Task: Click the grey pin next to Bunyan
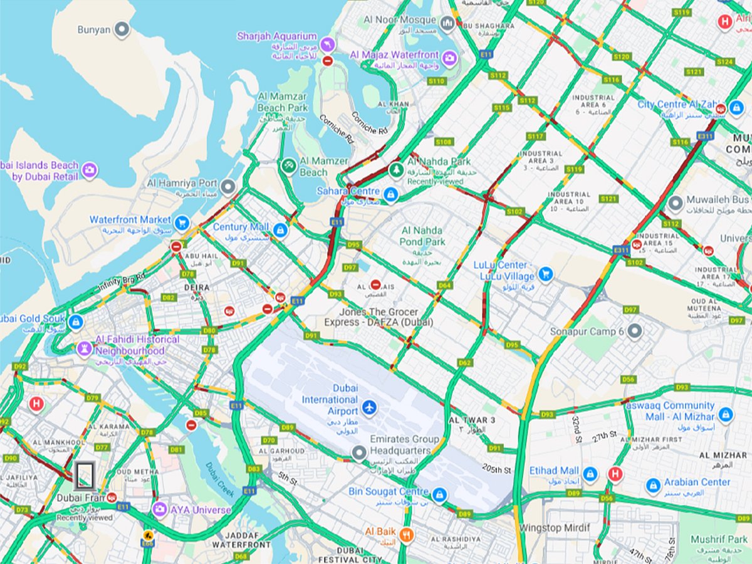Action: [122, 29]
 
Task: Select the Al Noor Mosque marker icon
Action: [447, 24]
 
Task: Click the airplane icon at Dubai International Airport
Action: [370, 409]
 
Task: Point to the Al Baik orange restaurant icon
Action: [407, 535]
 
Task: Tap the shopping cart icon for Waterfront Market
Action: [182, 222]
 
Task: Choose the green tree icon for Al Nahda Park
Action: [395, 169]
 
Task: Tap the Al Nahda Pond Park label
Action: [422, 236]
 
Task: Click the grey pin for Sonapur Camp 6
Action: [635, 330]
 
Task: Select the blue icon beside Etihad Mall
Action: [590, 474]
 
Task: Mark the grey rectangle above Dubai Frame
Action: [85, 476]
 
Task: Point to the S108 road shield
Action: [444, 142]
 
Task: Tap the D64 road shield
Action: [444, 285]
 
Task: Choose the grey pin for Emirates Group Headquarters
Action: [358, 452]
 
